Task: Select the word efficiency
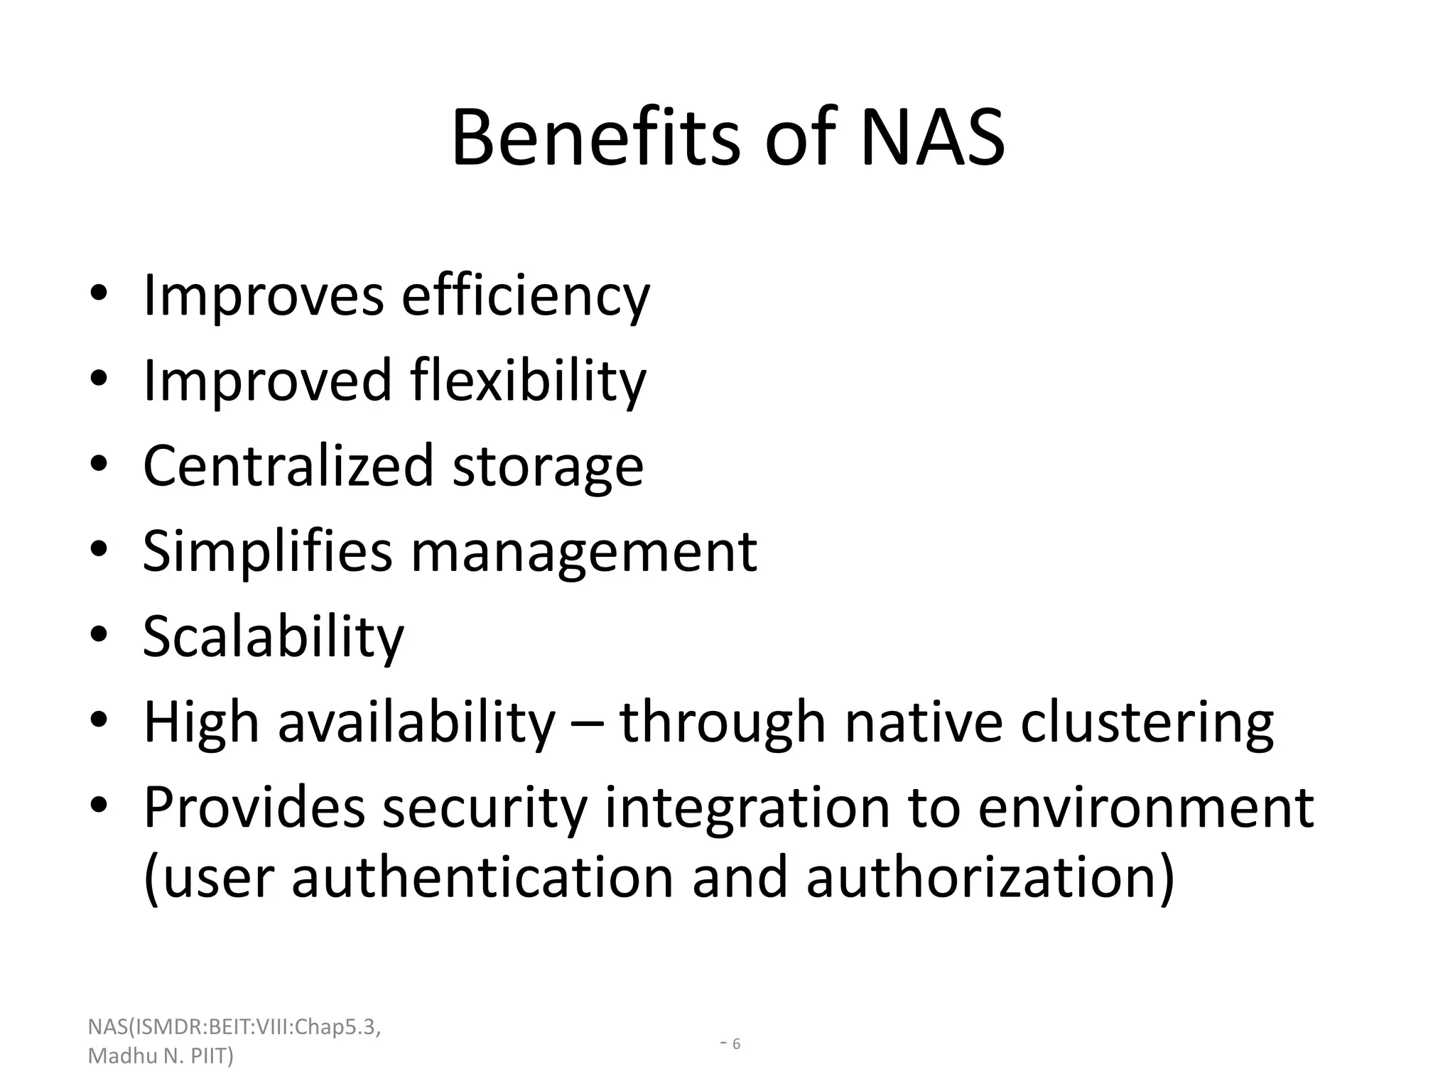tap(526, 296)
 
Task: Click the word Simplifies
tap(267, 552)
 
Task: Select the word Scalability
tap(274, 637)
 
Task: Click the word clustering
tap(1147, 723)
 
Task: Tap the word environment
tap(1145, 808)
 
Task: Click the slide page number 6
tap(736, 1044)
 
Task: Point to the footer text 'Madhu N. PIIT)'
tap(161, 1056)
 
